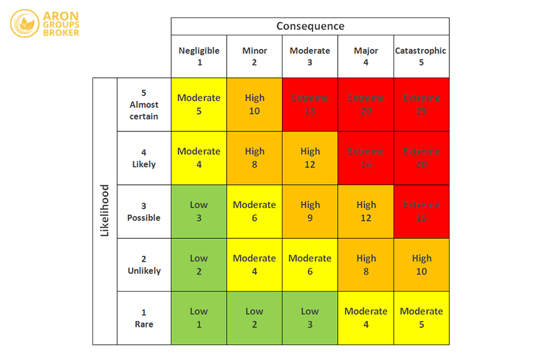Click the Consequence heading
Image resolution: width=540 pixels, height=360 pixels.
pyautogui.click(x=310, y=26)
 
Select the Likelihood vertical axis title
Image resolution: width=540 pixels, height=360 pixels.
pyautogui.click(x=105, y=211)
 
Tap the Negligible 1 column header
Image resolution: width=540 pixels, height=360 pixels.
pyautogui.click(x=199, y=56)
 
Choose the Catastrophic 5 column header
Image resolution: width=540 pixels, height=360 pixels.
pyautogui.click(x=421, y=56)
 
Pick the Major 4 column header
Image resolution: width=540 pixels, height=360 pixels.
pyautogui.click(x=366, y=56)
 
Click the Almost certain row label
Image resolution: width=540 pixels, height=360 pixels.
pyautogui.click(x=144, y=104)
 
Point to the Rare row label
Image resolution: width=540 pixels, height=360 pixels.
pyautogui.click(x=144, y=318)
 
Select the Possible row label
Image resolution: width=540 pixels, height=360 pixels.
pyautogui.click(x=144, y=211)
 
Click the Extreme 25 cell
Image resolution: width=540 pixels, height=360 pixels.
pyautogui.click(x=421, y=104)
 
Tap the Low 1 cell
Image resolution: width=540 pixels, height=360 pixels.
pyautogui.click(x=199, y=318)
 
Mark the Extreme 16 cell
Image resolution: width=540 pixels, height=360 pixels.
pyautogui.click(x=366, y=158)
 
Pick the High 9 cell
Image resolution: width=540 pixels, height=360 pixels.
pyautogui.click(x=310, y=211)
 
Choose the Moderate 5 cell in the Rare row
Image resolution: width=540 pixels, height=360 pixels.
pyautogui.click(x=421, y=318)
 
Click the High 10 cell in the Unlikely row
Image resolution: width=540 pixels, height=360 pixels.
pyautogui.click(x=421, y=265)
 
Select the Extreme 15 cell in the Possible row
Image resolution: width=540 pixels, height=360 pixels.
pyautogui.click(x=421, y=211)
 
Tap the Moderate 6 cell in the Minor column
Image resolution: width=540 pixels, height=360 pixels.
pyautogui.click(x=254, y=211)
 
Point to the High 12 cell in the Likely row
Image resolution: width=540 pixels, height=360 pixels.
pyautogui.click(x=310, y=158)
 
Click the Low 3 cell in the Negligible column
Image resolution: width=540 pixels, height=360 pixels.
pyautogui.click(x=199, y=211)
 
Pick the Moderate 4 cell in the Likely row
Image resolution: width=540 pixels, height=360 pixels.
pyautogui.click(x=199, y=158)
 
